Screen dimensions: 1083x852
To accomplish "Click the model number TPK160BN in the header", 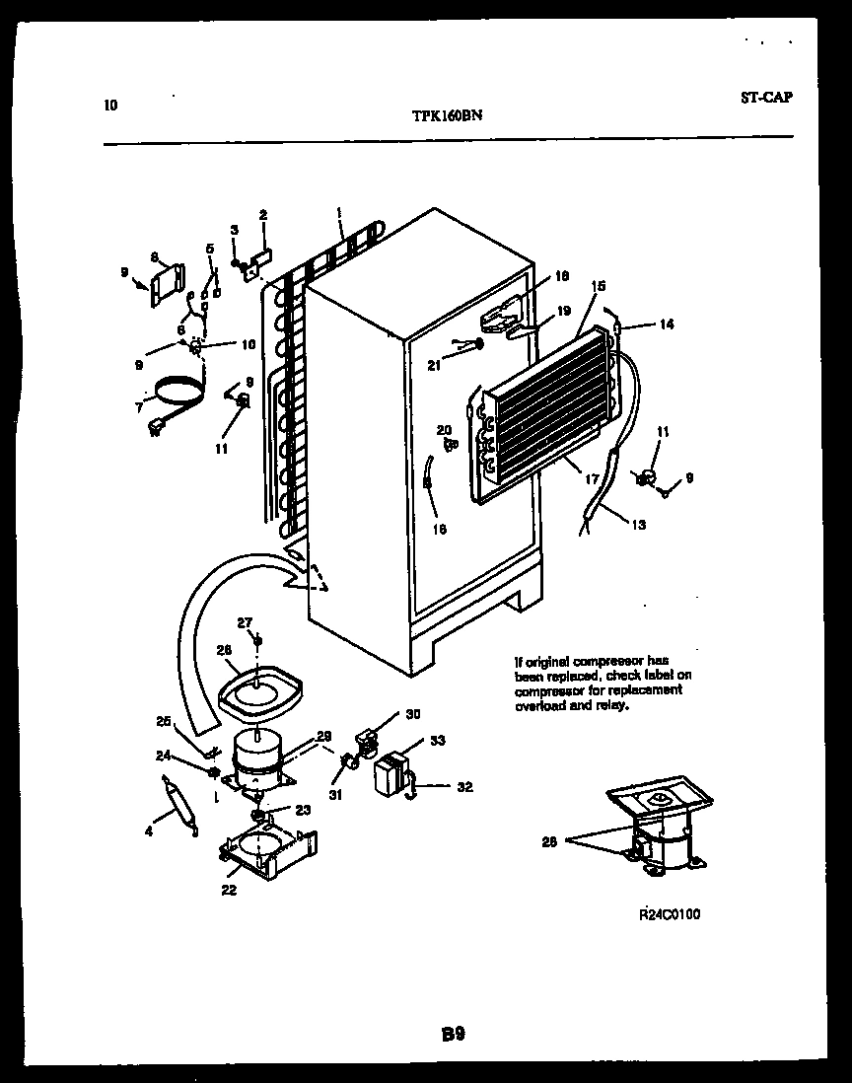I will click(446, 114).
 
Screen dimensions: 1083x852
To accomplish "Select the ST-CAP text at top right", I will click(765, 97).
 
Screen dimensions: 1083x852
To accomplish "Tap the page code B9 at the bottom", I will click(453, 1034).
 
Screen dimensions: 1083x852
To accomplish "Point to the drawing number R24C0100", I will click(670, 914).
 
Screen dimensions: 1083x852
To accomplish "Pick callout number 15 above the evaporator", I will click(598, 286).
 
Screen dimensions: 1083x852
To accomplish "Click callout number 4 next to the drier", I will click(149, 830).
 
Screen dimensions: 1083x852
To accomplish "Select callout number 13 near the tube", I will click(638, 524).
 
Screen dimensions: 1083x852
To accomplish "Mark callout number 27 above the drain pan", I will click(245, 621).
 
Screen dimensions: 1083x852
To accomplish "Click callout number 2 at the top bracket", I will click(263, 214).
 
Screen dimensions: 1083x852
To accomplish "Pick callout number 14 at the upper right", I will click(667, 324).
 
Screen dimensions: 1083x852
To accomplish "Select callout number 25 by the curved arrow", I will click(163, 721).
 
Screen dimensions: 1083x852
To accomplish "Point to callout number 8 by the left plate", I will click(154, 257).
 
